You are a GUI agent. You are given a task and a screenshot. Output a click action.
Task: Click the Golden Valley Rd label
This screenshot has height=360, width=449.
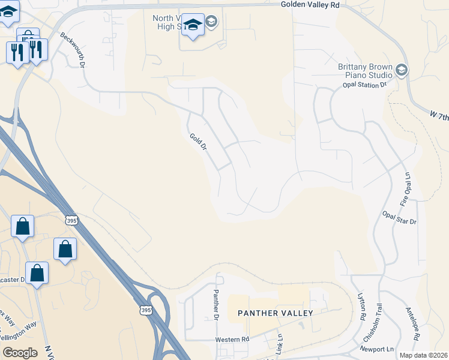click(310, 4)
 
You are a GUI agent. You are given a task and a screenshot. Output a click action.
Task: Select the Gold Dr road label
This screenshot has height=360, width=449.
click(198, 142)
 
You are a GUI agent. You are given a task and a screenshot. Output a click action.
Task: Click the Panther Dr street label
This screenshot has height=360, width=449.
click(216, 304)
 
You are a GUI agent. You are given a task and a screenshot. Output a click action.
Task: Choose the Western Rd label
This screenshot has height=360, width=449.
click(233, 340)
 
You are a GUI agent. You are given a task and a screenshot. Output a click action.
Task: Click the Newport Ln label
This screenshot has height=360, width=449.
click(378, 348)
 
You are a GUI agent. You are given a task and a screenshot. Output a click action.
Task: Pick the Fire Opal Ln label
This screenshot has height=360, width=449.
click(406, 187)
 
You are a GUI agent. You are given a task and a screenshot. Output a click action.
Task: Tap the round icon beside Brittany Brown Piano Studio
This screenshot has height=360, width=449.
click(402, 71)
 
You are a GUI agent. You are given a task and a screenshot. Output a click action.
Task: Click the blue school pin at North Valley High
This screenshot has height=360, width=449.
click(192, 25)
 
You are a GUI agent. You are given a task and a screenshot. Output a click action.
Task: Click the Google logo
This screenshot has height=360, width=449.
click(19, 353)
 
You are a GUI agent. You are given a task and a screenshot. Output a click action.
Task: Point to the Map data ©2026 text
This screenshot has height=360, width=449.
click(424, 355)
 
